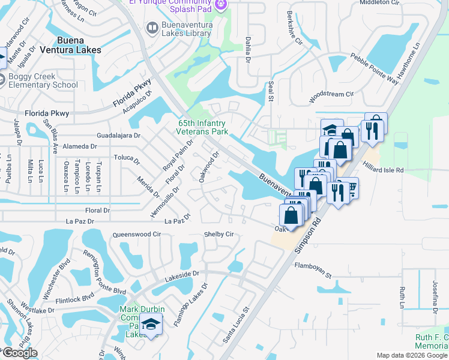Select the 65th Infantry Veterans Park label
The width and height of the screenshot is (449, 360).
(x=203, y=127)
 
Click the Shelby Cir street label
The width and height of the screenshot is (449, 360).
(x=218, y=235)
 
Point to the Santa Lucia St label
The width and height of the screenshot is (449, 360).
(x=235, y=327)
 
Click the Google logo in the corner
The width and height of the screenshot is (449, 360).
(x=19, y=353)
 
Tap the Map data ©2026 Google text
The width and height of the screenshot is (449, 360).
(x=412, y=355)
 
